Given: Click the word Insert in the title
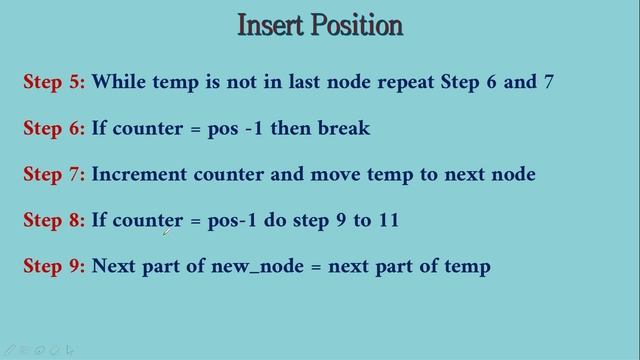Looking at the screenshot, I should click(x=270, y=25).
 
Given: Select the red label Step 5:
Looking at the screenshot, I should click(x=54, y=82).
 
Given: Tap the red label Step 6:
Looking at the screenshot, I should click(x=54, y=128).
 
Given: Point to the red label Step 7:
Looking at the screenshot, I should click(x=54, y=174).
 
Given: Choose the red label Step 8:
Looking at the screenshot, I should click(x=54, y=220).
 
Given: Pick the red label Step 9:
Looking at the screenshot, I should click(x=54, y=266).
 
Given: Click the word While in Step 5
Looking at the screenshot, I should click(x=119, y=82).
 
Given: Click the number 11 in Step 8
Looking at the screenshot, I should click(x=388, y=220).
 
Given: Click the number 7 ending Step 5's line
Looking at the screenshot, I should click(x=548, y=82).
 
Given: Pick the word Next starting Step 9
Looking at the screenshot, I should click(x=114, y=266).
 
